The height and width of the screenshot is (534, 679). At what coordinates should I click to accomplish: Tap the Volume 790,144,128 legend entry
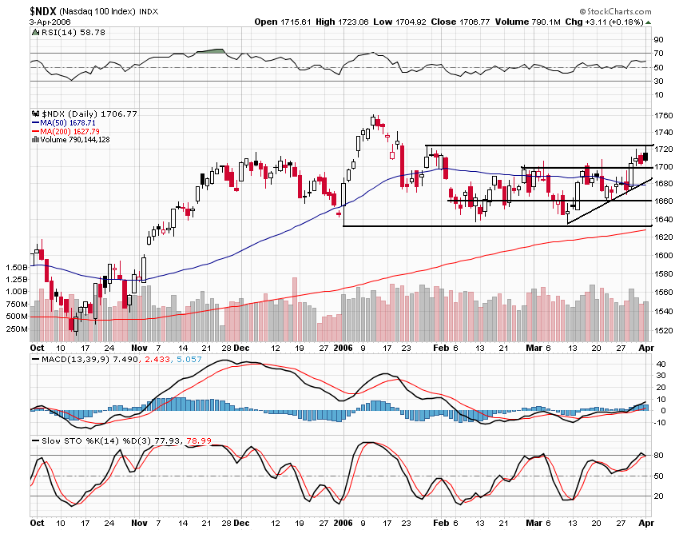click(75, 140)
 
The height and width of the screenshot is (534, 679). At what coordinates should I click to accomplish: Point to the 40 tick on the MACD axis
click(661, 364)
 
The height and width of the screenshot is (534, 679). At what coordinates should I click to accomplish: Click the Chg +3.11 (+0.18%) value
click(622, 22)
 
